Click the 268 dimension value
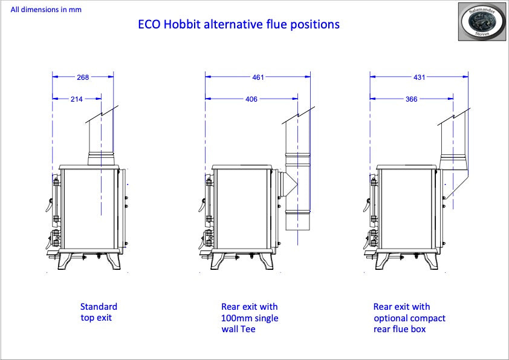[x=83, y=77]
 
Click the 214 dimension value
[x=77, y=99]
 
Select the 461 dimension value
[x=258, y=77]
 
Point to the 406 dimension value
[x=251, y=99]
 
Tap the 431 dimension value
[x=419, y=77]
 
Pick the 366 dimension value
[x=411, y=99]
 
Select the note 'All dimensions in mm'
[x=46, y=10]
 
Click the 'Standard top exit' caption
[x=99, y=312]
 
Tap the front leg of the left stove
[x=65, y=261]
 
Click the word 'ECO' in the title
[x=149, y=24]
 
